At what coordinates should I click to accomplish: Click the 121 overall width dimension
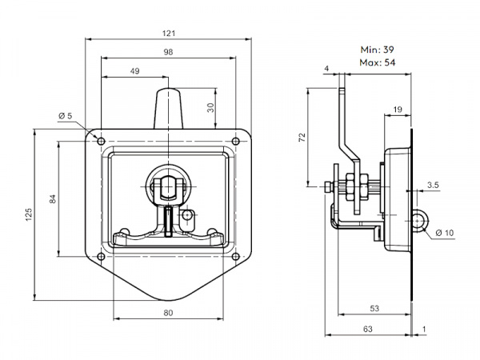click(169, 33)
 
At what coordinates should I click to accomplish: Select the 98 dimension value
click(168, 52)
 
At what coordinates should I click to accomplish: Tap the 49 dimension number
click(134, 71)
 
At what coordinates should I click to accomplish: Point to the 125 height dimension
click(29, 214)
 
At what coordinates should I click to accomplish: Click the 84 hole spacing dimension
click(53, 199)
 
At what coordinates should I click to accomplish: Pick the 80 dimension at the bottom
click(168, 313)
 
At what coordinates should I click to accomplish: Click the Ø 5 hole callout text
click(65, 116)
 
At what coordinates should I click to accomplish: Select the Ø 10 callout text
click(445, 233)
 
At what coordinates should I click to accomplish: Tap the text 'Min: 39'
click(377, 50)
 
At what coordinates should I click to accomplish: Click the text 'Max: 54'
click(378, 62)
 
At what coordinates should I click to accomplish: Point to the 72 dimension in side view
click(302, 138)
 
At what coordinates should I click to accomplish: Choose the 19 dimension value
click(398, 110)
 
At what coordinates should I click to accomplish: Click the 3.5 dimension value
click(433, 185)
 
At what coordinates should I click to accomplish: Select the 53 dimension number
click(374, 308)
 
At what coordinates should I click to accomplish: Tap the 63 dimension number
click(368, 329)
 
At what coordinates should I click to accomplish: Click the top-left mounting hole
click(101, 141)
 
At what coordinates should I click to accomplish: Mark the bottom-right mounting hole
click(235, 257)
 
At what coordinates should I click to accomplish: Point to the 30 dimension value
click(211, 107)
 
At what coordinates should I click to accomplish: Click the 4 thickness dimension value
click(326, 68)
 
